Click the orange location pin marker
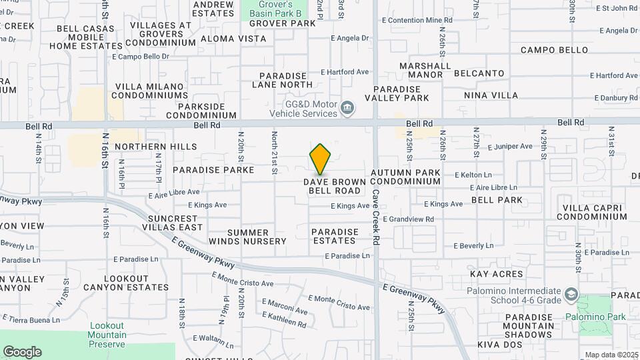click(321, 159)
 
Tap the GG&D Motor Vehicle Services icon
click(347, 108)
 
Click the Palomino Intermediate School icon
click(571, 294)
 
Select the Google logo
click(22, 352)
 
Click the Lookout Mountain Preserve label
click(107, 335)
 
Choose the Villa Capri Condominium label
click(591, 212)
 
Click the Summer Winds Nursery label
click(247, 237)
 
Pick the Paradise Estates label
click(335, 237)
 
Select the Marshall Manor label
click(425, 70)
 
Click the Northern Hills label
click(156, 147)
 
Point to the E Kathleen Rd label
click(284, 323)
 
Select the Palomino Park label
click(596, 317)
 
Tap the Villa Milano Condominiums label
click(151, 91)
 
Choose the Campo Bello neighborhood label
click(554, 50)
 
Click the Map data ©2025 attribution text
click(610, 355)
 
